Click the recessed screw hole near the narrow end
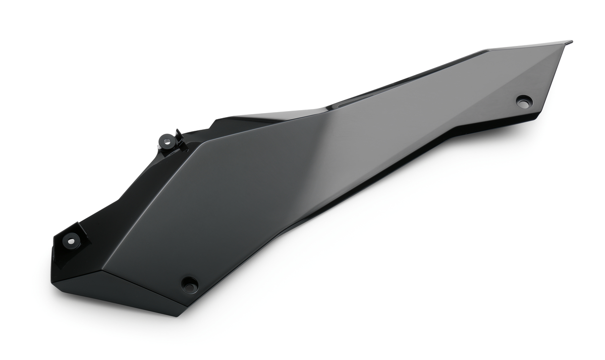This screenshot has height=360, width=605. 524,101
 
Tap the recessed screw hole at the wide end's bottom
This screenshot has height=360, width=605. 190,284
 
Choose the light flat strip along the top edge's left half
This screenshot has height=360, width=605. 272,116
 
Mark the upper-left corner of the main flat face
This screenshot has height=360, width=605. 199,143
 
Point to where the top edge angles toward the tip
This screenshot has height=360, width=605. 487,50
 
